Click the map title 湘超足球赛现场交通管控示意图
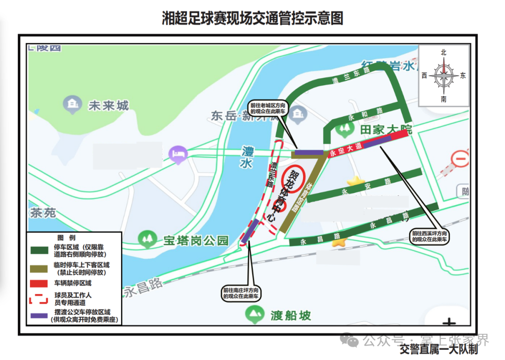click(252, 18)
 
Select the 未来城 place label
click(108, 106)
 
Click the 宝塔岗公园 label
click(196, 240)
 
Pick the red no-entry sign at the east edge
click(461, 159)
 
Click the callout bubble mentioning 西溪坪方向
click(430, 236)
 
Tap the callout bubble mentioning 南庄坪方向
click(241, 293)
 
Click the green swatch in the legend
click(39, 250)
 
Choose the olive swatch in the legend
click(39, 267)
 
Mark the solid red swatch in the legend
click(39, 283)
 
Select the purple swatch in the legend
click(39, 316)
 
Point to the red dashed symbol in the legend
click(39, 299)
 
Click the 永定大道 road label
click(346, 149)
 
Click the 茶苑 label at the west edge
click(43, 213)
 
